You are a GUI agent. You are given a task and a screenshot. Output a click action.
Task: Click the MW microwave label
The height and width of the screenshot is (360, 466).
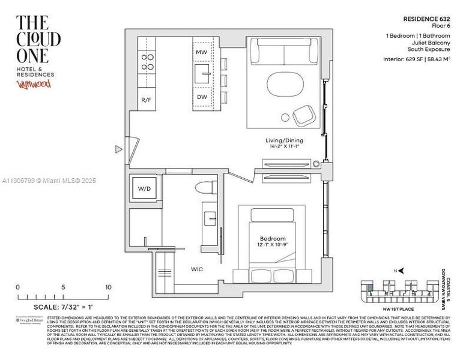click(x=202, y=52)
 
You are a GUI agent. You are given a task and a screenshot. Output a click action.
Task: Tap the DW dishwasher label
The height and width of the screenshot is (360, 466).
click(x=202, y=97)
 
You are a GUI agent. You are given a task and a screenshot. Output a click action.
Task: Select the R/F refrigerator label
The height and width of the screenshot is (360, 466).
click(x=145, y=100)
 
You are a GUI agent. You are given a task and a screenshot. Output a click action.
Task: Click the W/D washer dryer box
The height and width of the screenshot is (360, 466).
click(x=145, y=189)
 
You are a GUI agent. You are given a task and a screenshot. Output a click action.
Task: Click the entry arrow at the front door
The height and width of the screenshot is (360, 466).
click(x=119, y=149)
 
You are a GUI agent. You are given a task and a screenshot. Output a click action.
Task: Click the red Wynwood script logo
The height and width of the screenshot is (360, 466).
click(x=34, y=84)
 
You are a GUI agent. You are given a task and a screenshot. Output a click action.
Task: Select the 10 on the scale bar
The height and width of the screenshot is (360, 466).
click(x=108, y=287)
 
